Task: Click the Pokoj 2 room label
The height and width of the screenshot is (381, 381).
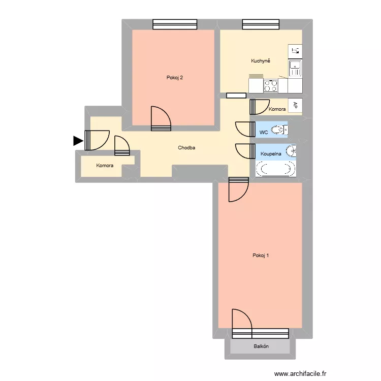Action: point(174,78)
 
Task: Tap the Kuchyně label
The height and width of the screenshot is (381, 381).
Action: point(261,61)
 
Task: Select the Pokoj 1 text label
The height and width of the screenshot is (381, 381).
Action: point(261,256)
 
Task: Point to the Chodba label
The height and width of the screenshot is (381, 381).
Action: point(186,148)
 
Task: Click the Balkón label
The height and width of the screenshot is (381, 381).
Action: point(261,346)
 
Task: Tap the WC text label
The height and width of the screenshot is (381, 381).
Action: point(263,132)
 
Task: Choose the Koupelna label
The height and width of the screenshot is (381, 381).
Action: point(270,153)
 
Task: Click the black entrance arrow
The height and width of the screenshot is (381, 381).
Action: point(78,141)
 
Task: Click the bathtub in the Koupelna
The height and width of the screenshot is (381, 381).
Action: point(275,169)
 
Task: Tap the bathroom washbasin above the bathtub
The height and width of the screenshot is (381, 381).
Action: point(291,151)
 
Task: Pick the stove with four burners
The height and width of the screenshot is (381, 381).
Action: point(271,86)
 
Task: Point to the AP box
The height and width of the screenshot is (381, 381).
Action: point(295,106)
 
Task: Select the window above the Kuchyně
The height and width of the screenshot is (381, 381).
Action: point(261,24)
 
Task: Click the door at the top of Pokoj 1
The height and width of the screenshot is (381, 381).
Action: point(238,189)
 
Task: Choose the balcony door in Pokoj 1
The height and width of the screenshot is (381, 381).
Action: point(242,323)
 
